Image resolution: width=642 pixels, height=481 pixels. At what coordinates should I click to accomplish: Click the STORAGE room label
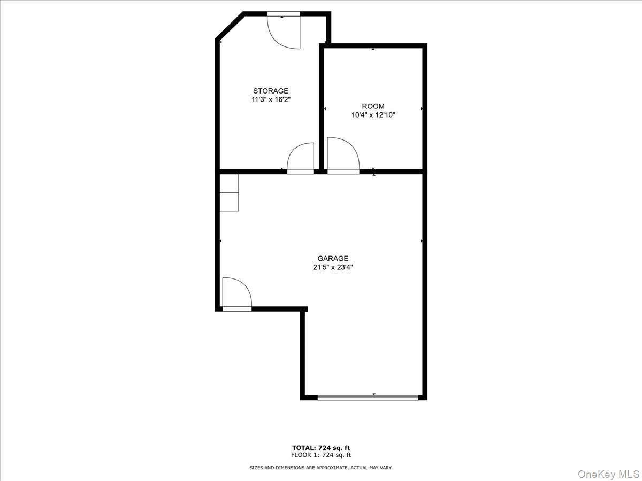271,91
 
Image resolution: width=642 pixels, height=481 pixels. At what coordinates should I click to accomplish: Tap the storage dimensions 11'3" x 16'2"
271,99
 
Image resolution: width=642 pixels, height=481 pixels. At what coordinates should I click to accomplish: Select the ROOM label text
373,106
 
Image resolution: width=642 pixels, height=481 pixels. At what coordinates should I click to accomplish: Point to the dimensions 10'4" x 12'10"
373,115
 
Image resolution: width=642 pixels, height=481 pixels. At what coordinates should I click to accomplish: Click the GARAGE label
333,259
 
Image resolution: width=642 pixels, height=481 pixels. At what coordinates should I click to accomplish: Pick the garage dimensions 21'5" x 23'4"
333,267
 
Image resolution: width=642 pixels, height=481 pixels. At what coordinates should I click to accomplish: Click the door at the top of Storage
284,31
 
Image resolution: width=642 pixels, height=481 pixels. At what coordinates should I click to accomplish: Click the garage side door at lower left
236,295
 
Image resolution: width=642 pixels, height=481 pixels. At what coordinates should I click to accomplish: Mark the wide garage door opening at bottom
368,398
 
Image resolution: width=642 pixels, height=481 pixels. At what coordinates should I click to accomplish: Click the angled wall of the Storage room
230,26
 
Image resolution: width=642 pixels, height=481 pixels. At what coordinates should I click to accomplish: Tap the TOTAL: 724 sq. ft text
321,448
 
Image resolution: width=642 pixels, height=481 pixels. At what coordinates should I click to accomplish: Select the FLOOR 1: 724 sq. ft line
321,455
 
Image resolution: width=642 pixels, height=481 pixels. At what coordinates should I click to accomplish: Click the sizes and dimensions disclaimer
321,468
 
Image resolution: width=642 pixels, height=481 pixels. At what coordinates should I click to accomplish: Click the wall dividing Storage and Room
322,107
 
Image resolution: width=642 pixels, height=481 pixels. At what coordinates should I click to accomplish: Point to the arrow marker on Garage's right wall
422,242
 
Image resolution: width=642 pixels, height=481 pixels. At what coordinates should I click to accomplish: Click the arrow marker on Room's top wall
373,49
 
